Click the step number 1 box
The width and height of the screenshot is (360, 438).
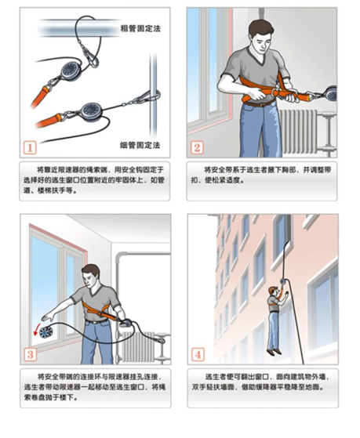30,147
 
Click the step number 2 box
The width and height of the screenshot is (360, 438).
197,147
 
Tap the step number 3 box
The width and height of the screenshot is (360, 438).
31,354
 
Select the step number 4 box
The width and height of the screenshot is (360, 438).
198,354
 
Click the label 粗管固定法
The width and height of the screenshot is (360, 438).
140,28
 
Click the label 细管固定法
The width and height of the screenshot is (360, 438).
140,145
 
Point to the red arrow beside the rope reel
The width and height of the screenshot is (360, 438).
36,330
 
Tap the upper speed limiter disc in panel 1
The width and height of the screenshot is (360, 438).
70,70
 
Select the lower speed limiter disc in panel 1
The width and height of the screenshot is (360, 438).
91,110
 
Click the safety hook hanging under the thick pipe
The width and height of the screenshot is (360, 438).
92,57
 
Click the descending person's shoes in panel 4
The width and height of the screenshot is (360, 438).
275,352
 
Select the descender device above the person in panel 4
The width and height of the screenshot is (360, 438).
283,281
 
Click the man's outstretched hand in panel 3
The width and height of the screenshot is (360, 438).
48,317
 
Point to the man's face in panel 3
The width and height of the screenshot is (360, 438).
89,279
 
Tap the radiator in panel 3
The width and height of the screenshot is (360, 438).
136,347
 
